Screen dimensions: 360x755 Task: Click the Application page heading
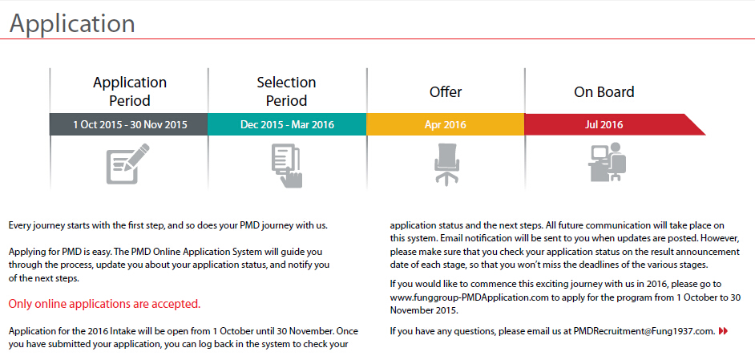pyautogui.click(x=72, y=23)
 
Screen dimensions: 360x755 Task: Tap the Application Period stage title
pyautogui.click(x=130, y=91)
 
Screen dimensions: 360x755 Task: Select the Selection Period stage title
pyautogui.click(x=286, y=91)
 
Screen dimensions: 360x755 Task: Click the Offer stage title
pyautogui.click(x=446, y=92)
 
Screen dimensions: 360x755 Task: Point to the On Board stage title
pyautogui.click(x=604, y=92)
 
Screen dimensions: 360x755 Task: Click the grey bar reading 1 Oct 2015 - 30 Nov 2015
pyautogui.click(x=130, y=124)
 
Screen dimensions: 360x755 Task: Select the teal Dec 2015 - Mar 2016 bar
pyautogui.click(x=287, y=124)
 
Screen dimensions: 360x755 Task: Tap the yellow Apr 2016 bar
pyautogui.click(x=446, y=124)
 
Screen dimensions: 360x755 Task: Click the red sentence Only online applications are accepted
pyautogui.click(x=104, y=305)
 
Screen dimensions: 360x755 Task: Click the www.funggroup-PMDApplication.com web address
pyautogui.click(x=469, y=297)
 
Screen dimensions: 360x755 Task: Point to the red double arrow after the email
pyautogui.click(x=724, y=331)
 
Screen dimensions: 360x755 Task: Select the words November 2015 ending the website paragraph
pyautogui.click(x=424, y=310)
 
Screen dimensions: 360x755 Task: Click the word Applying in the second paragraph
pyautogui.click(x=26, y=251)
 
